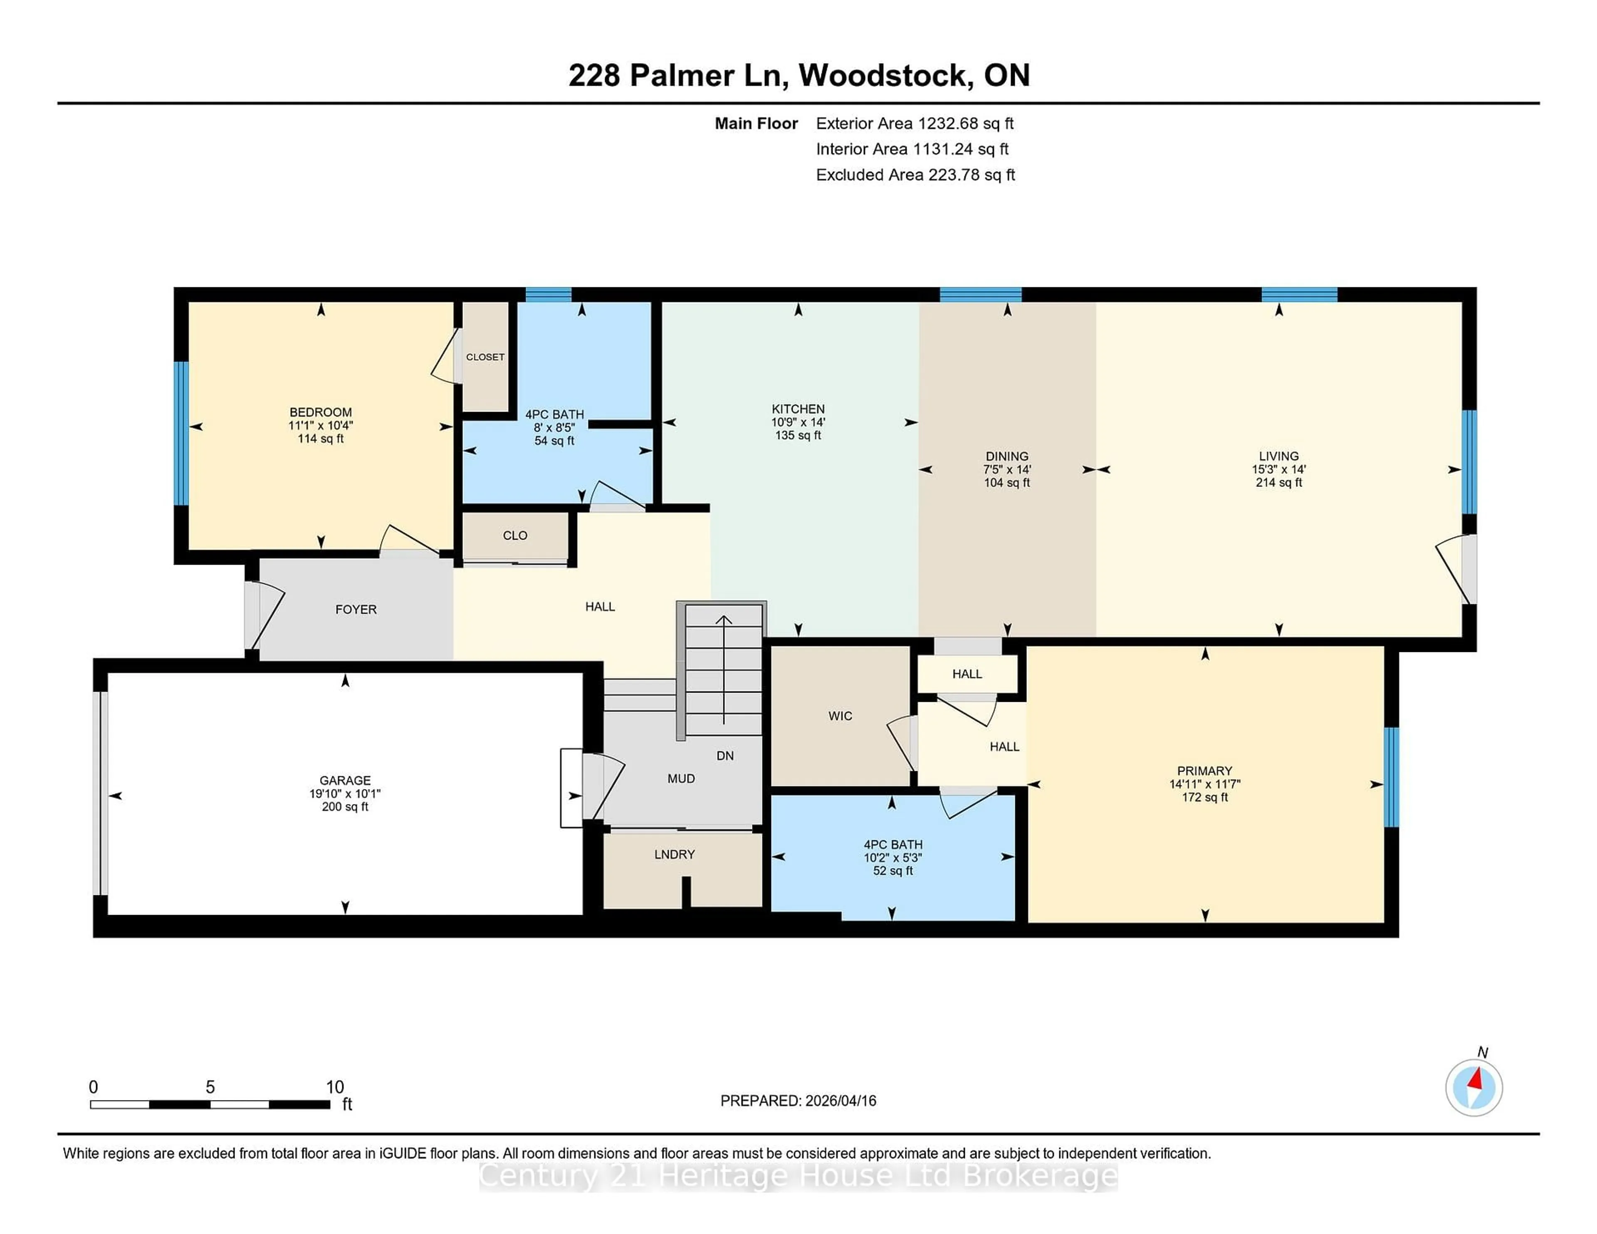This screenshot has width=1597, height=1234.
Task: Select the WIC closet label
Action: (x=840, y=716)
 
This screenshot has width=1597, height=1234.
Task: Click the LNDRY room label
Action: (x=674, y=854)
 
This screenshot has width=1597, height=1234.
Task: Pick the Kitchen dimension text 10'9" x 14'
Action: (x=798, y=422)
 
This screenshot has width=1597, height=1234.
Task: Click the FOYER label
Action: (x=356, y=609)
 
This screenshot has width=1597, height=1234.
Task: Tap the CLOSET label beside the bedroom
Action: (x=485, y=357)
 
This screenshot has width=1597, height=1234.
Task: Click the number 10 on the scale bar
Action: (x=335, y=1087)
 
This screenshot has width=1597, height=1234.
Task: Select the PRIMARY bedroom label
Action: (x=1204, y=770)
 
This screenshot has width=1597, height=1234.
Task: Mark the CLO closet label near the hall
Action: (x=515, y=535)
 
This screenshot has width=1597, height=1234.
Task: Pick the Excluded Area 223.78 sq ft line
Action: (x=915, y=175)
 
